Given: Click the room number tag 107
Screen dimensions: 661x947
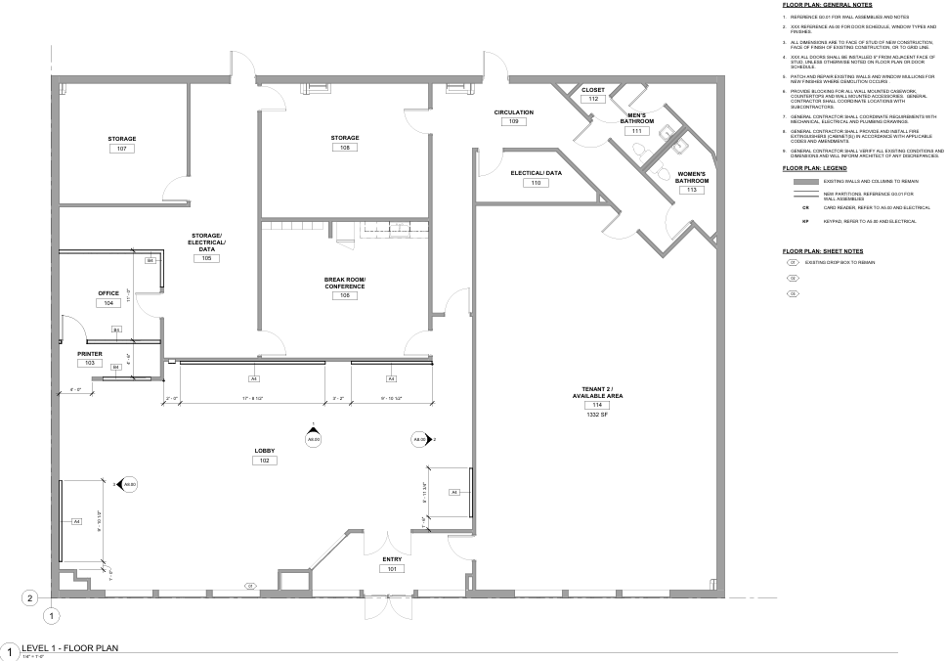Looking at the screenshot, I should pyautogui.click(x=122, y=149).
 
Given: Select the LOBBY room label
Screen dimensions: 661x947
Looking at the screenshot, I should pyautogui.click(x=264, y=451).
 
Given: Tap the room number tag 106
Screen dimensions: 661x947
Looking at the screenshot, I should pyautogui.click(x=345, y=294).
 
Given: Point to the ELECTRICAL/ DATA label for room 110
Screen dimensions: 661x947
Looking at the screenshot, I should pyautogui.click(x=536, y=173).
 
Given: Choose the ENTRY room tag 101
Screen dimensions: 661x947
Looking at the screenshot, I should pyautogui.click(x=392, y=568).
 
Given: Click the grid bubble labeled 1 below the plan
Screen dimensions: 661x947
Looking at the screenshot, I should pyautogui.click(x=52, y=616).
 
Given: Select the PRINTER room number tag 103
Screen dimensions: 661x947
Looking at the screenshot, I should pyautogui.click(x=89, y=363).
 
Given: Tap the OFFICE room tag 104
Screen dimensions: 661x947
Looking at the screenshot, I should pyautogui.click(x=108, y=303).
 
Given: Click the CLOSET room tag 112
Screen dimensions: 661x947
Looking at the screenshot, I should pyautogui.click(x=593, y=99).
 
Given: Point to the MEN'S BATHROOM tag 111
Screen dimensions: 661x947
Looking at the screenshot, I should pyautogui.click(x=636, y=130).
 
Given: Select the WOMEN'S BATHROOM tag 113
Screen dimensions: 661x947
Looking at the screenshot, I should pyautogui.click(x=691, y=190).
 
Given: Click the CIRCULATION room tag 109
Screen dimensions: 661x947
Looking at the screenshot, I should pyautogui.click(x=513, y=121).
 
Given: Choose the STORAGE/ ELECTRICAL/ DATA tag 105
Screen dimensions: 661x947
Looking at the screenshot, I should pyautogui.click(x=206, y=258).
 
